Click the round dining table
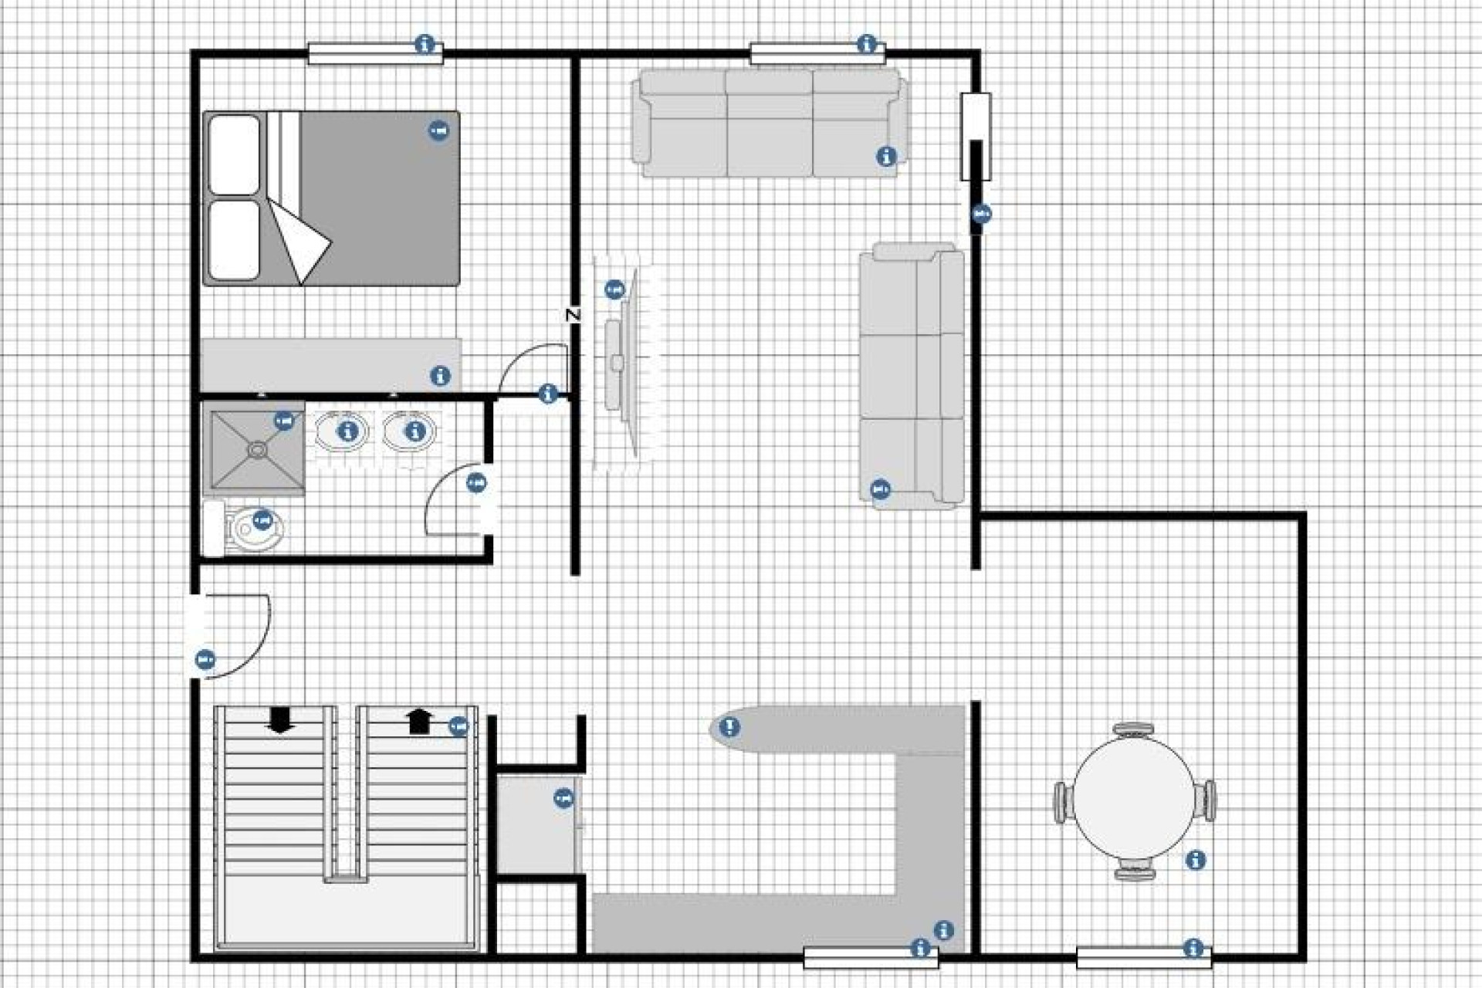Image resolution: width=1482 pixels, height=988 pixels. click(x=1134, y=800)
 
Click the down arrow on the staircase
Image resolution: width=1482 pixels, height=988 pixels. click(x=279, y=719)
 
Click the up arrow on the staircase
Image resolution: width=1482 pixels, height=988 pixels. click(x=419, y=721)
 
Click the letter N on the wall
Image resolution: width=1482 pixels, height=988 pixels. click(x=573, y=315)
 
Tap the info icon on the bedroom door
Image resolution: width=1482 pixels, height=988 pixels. click(x=548, y=394)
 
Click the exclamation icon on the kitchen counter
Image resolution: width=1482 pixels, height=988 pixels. click(x=729, y=726)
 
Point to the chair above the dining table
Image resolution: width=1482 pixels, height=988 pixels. click(x=1133, y=729)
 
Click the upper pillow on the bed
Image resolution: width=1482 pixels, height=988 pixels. click(x=234, y=154)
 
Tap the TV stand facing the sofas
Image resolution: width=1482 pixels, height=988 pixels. click(x=624, y=363)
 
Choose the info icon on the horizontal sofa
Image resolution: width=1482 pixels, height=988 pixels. click(x=886, y=157)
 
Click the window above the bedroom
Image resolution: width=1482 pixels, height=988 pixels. click(x=375, y=53)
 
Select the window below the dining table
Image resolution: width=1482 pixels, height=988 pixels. click(x=1143, y=958)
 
